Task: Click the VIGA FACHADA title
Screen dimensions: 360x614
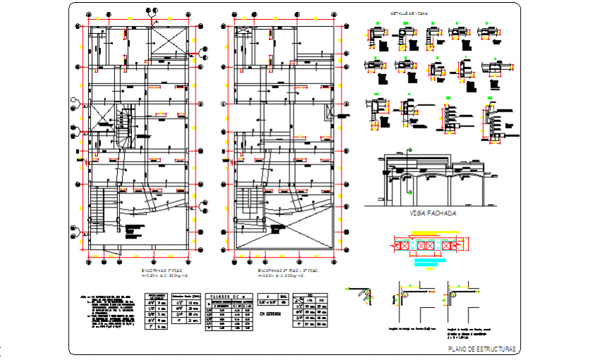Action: click(433, 213)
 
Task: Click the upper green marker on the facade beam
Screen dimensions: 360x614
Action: click(409, 150)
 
